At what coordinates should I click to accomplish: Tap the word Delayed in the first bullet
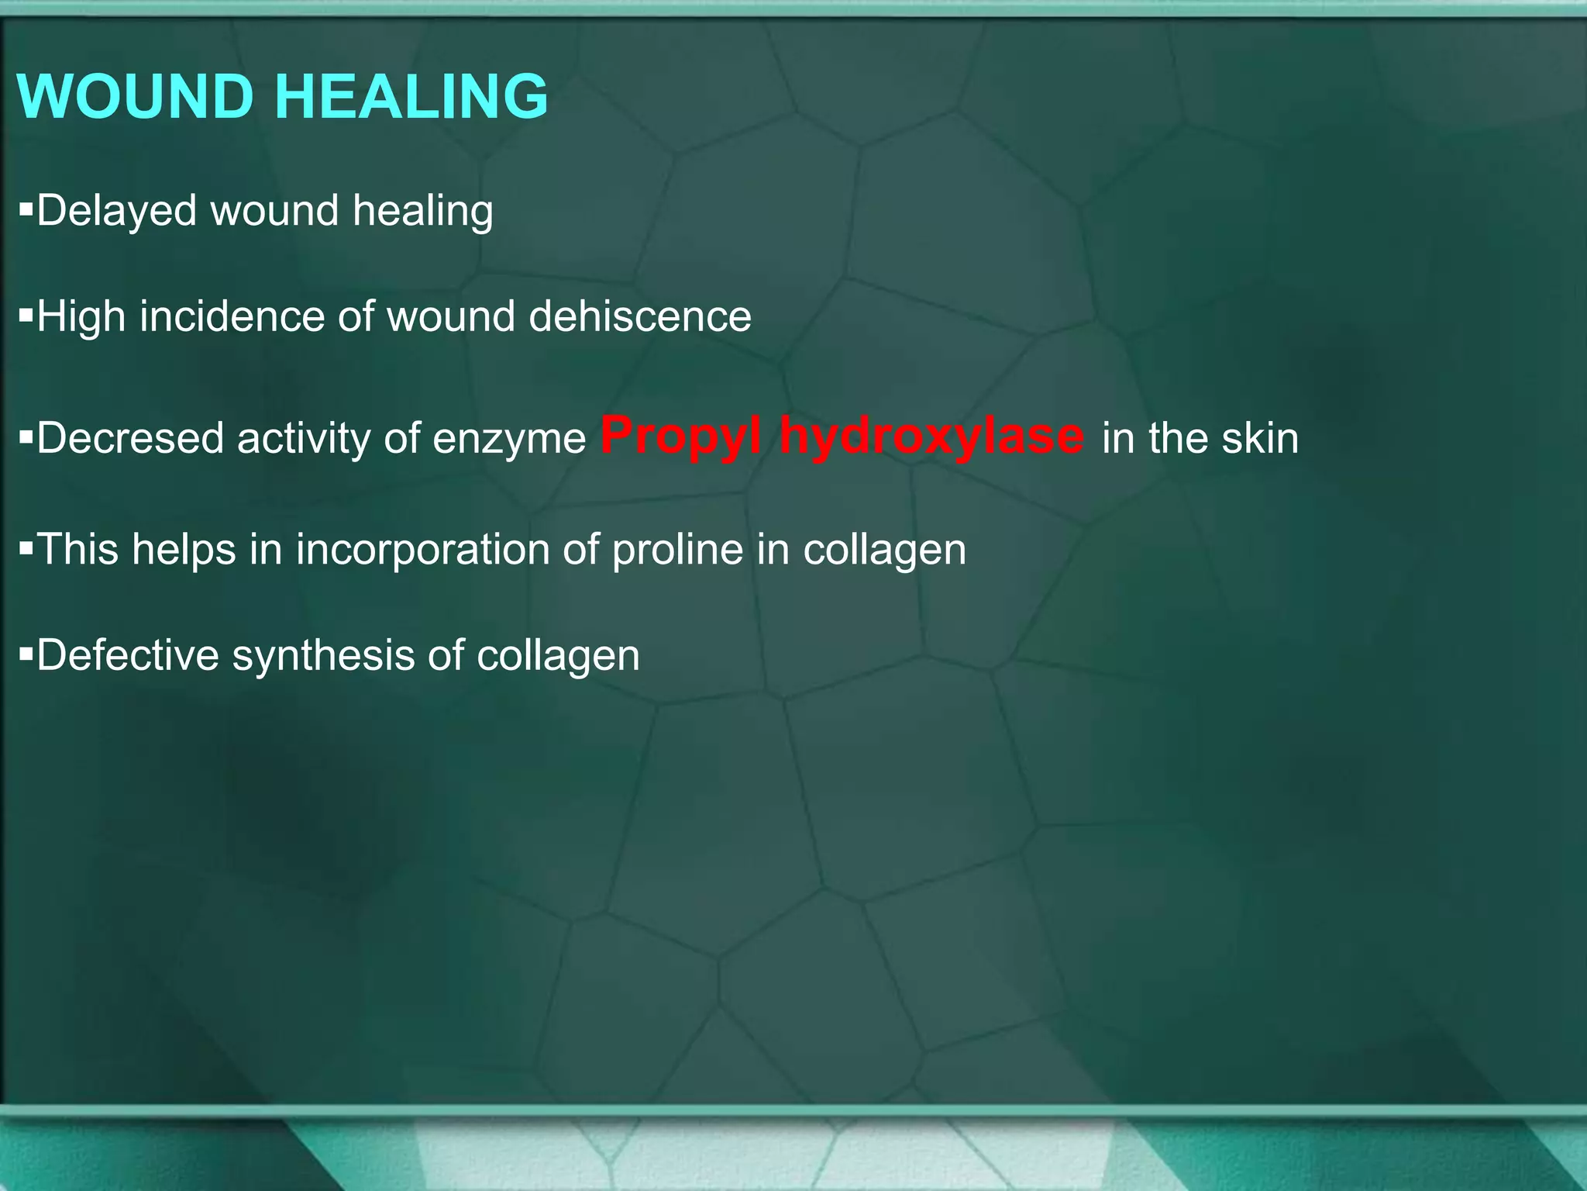(116, 211)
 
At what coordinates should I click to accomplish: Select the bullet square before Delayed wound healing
(26, 209)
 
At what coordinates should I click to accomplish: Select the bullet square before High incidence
(26, 315)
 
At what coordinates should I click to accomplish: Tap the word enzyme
(508, 440)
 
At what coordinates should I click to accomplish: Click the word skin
(1260, 438)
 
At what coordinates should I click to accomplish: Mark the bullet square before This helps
(26, 548)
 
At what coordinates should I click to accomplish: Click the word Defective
(128, 655)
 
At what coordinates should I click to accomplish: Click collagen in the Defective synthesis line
(558, 657)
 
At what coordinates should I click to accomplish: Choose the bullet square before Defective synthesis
(26, 654)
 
